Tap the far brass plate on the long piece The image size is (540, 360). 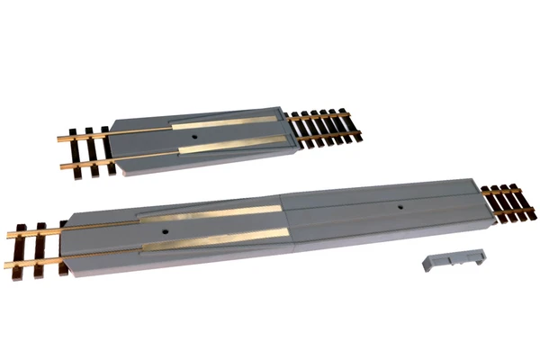point(212,212)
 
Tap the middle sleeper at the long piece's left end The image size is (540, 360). point(41,243)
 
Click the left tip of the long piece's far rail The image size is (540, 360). point(7,235)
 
